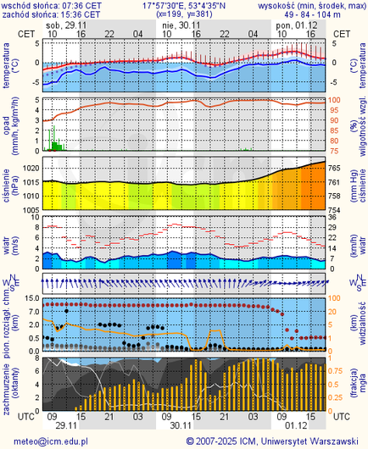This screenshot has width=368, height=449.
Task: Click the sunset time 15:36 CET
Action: (82, 14)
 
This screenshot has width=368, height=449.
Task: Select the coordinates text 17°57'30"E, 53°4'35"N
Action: (183, 5)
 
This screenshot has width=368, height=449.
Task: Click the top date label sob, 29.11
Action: (68, 26)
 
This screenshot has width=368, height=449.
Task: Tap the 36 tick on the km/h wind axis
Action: (335, 216)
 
